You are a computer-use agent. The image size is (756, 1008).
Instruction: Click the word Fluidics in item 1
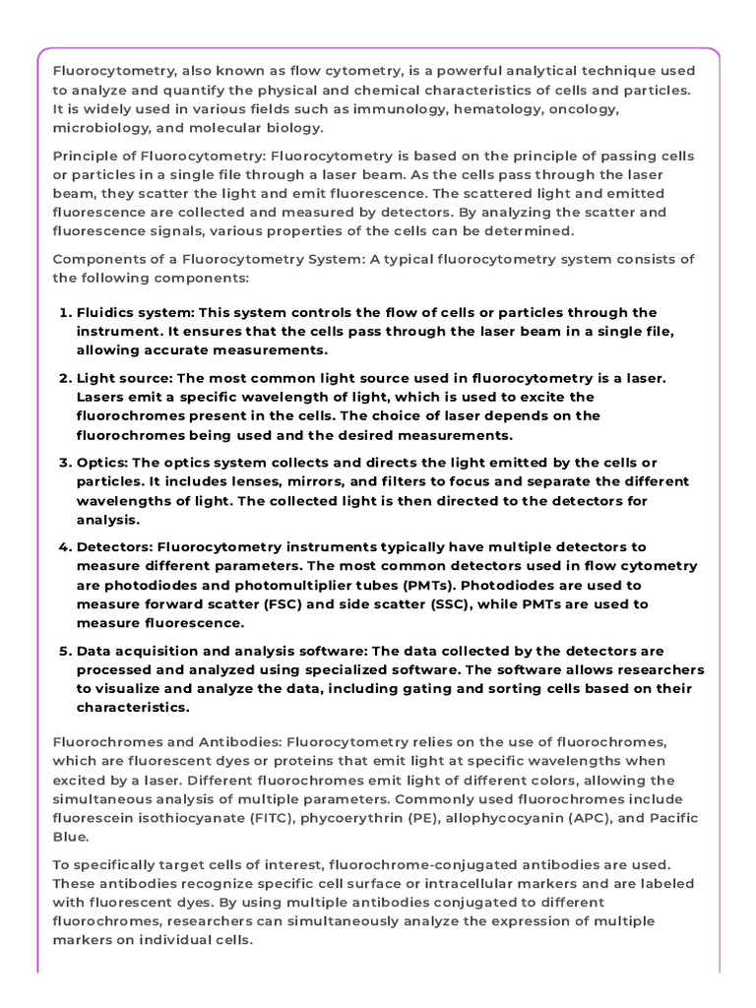click(107, 313)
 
